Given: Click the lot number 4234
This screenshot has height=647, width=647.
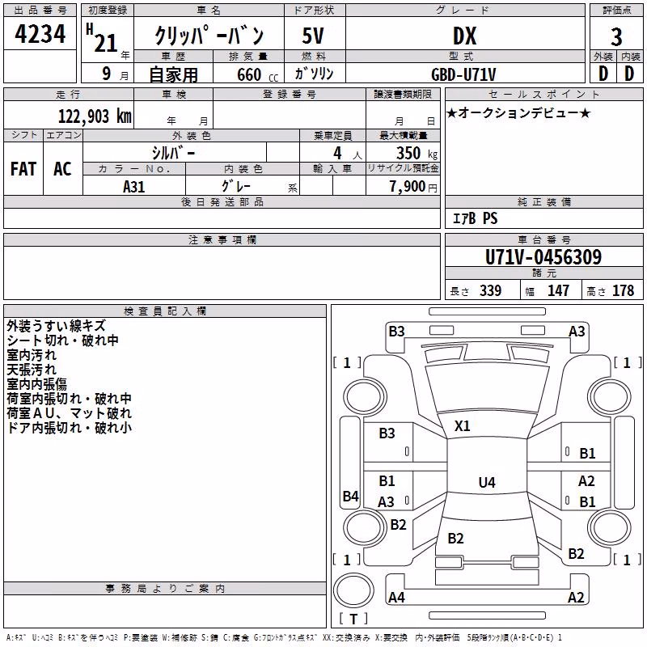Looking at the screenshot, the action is click(40, 34).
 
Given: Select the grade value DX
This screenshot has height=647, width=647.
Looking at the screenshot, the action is click(464, 36).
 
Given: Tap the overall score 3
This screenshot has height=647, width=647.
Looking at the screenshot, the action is click(616, 37).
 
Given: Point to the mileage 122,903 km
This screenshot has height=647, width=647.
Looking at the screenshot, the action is click(95, 116).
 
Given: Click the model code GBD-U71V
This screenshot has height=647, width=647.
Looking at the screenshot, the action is click(463, 74).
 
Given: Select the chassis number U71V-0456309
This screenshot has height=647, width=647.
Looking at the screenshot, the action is click(543, 257).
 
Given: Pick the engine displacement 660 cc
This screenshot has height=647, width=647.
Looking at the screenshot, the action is click(257, 74).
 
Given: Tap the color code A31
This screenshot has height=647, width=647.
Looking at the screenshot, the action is click(133, 187).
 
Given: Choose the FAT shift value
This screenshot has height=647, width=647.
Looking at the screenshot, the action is click(23, 169).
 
